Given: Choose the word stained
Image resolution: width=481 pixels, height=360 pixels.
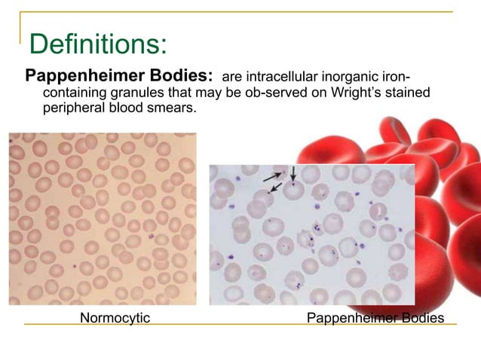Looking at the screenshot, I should (x=409, y=93).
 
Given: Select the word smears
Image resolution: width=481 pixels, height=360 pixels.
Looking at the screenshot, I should (x=176, y=109).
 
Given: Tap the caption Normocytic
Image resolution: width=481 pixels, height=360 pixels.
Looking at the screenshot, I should (x=115, y=318).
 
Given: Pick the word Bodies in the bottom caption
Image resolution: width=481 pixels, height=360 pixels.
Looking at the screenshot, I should (x=422, y=318).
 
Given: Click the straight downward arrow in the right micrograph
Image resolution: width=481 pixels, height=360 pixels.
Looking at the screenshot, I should (x=293, y=175).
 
